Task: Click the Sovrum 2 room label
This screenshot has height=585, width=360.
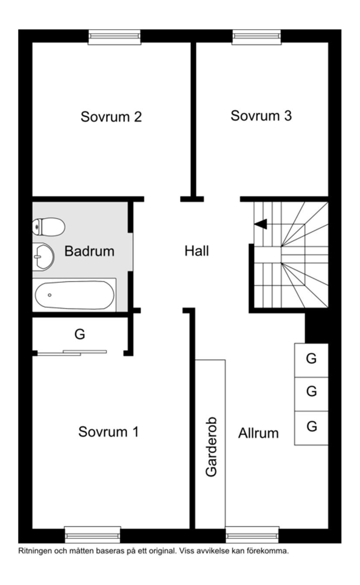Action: click(111, 117)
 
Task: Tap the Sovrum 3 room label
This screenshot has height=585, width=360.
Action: click(261, 116)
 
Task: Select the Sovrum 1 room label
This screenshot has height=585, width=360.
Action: click(108, 432)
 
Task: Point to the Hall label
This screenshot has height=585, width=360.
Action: click(196, 251)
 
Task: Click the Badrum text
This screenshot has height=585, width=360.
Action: click(89, 251)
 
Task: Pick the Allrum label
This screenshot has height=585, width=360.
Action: click(258, 433)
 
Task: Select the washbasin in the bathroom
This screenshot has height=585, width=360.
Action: click(43, 257)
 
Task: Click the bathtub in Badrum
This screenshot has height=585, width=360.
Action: click(74, 295)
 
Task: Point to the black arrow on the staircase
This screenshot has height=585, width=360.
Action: click(261, 224)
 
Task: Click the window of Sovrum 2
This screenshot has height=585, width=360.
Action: click(114, 37)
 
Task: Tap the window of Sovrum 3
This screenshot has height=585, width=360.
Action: click(257, 37)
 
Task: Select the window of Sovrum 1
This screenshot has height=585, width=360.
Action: click(93, 534)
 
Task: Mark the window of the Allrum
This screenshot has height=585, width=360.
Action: click(252, 534)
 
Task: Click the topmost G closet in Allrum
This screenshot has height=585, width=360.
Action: click(311, 359)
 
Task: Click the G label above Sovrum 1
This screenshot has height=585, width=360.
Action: click(79, 335)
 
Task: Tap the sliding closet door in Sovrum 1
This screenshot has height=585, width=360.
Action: click(72, 353)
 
